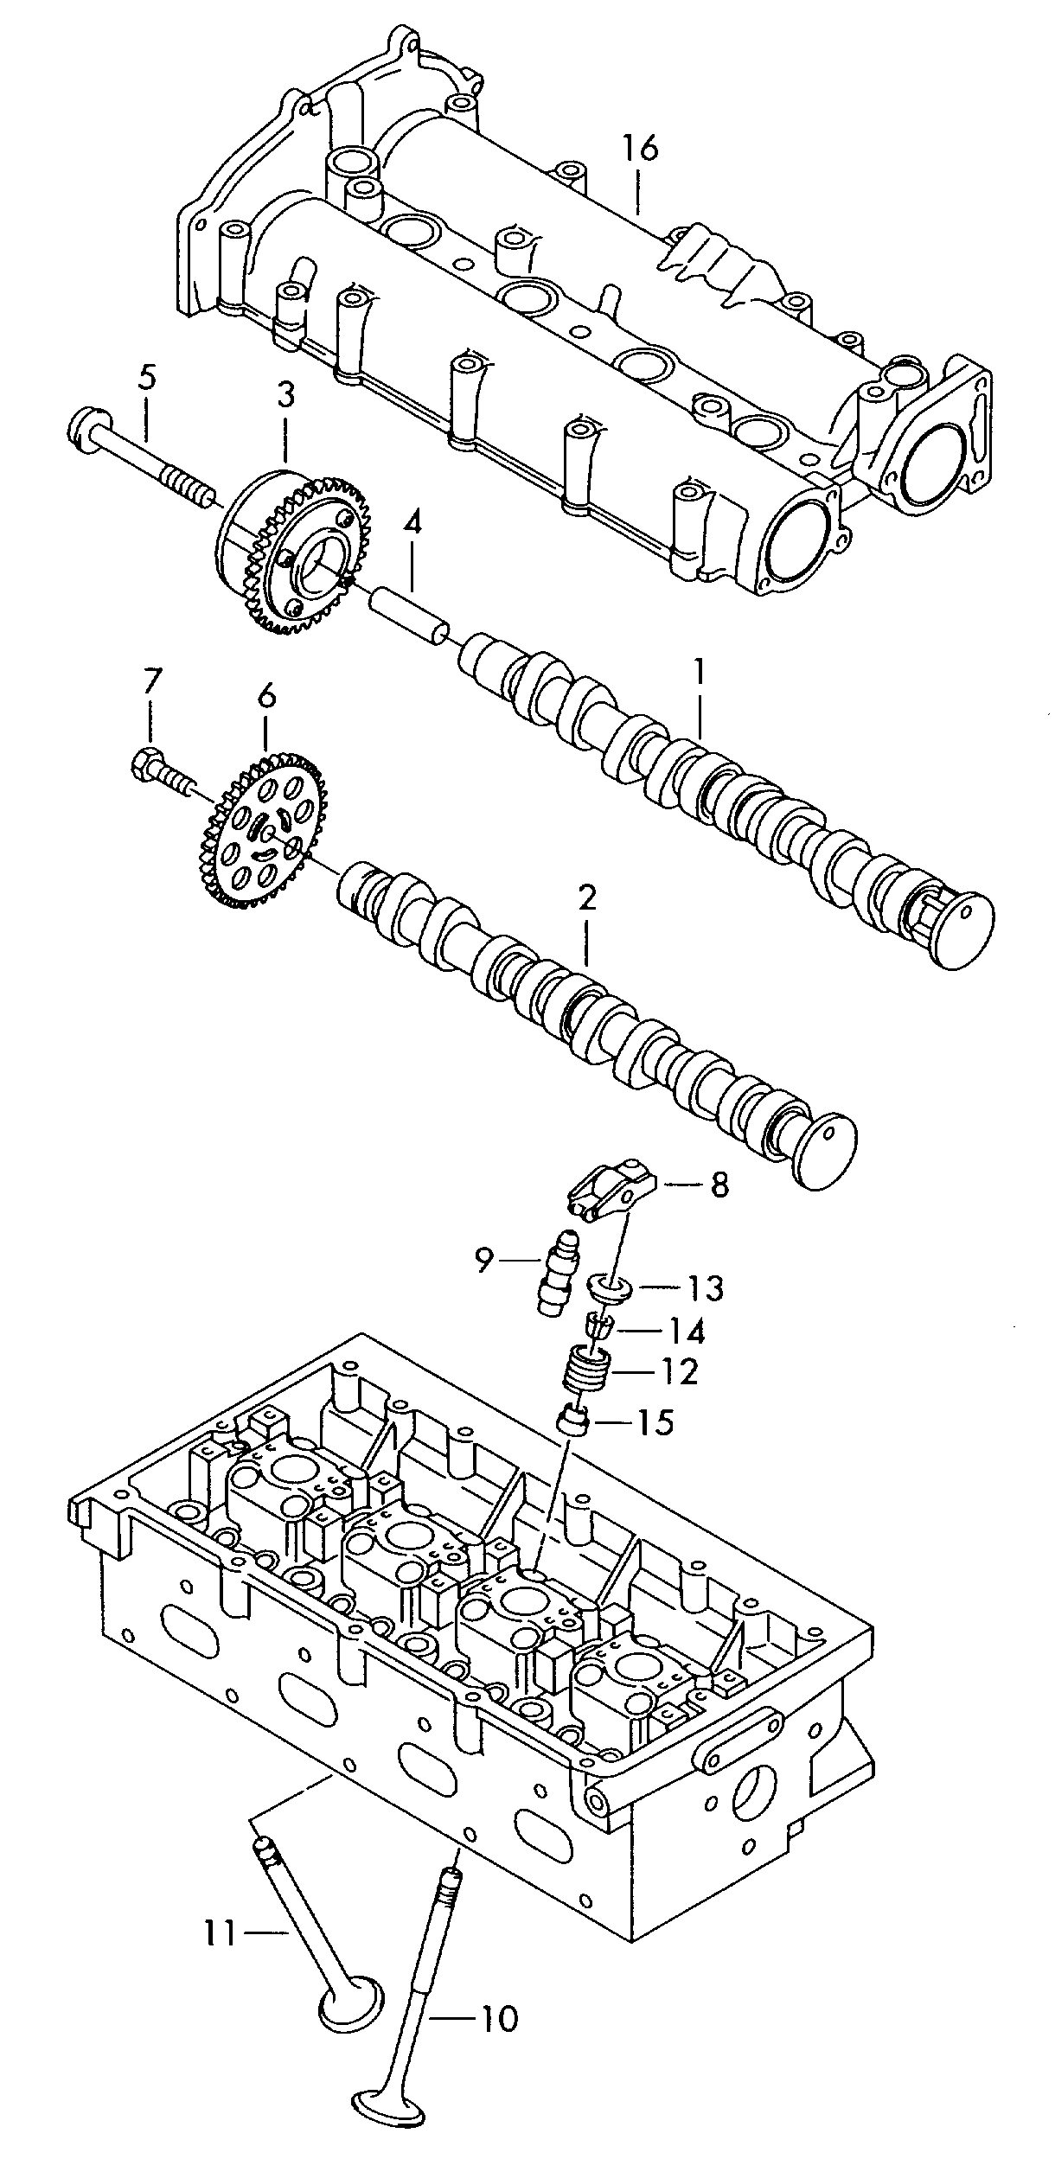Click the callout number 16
click(x=640, y=149)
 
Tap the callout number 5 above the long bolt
click(x=147, y=378)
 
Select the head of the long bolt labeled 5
click(x=84, y=430)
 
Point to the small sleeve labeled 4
click(x=409, y=615)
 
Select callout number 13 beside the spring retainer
click(x=705, y=1289)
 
